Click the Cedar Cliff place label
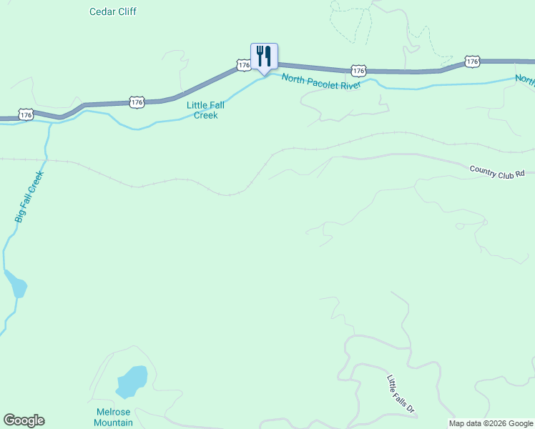point(113,11)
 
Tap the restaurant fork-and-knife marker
point(264,56)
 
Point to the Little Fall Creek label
point(206,109)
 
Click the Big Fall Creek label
point(29,196)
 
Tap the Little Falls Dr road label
point(401,394)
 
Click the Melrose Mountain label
point(114,417)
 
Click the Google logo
point(24,420)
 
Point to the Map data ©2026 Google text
point(490,423)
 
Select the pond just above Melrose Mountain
point(131,381)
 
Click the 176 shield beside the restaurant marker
point(244,65)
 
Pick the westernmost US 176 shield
point(26,114)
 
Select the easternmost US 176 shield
point(471,62)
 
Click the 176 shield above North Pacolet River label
point(358,70)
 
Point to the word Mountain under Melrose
point(114,423)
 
